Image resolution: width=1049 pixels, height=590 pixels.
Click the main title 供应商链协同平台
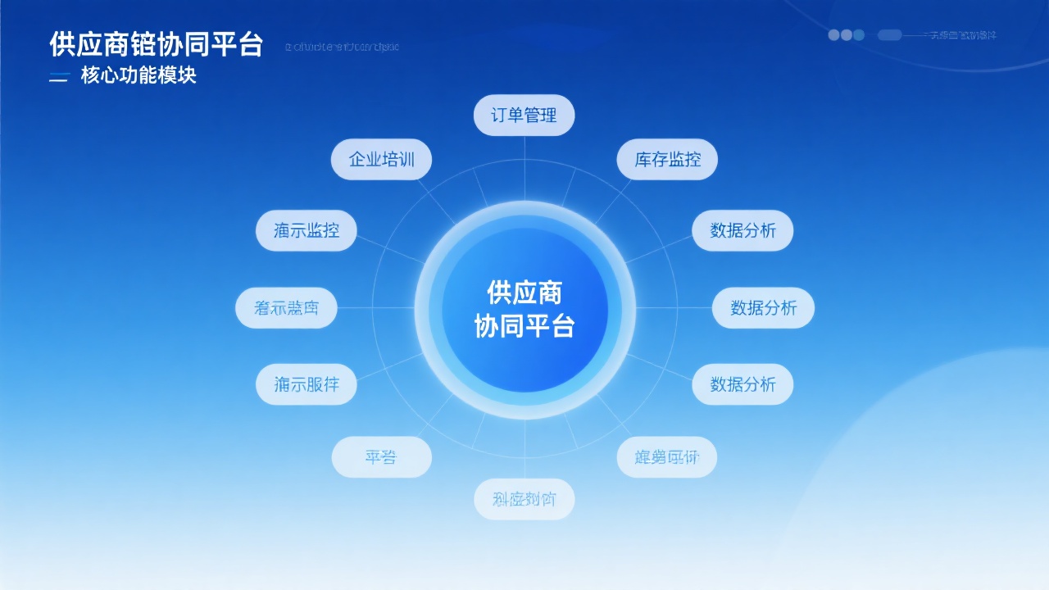pyautogui.click(x=156, y=44)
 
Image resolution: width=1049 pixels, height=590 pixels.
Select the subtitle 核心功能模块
pyautogui.click(x=139, y=76)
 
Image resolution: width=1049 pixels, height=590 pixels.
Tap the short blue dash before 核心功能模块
pyautogui.click(x=58, y=79)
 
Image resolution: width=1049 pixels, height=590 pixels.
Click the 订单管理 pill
pyautogui.click(x=524, y=115)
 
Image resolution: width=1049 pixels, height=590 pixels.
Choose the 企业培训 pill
pyautogui.click(x=381, y=159)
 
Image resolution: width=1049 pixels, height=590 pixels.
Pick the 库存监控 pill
pyautogui.click(x=667, y=159)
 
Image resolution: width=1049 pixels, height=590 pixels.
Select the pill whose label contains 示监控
pyautogui.click(x=306, y=230)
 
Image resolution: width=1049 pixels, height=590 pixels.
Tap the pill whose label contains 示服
pyautogui.click(x=306, y=384)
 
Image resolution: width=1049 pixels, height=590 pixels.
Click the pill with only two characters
pyautogui.click(x=381, y=457)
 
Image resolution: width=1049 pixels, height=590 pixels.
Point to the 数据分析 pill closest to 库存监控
pyautogui.click(x=742, y=230)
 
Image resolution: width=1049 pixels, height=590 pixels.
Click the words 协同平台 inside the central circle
pyautogui.click(x=524, y=326)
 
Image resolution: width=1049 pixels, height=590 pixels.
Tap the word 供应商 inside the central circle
pyautogui.click(x=524, y=292)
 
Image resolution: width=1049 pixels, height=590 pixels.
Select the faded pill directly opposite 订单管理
pyautogui.click(x=524, y=499)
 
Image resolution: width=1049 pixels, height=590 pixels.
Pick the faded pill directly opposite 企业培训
pyautogui.click(x=667, y=457)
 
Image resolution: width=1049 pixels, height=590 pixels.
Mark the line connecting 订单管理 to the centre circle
pyautogui.click(x=524, y=168)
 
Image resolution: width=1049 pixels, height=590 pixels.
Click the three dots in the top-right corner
pyautogui.click(x=846, y=35)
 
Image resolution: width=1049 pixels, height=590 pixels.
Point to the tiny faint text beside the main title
pyautogui.click(x=342, y=47)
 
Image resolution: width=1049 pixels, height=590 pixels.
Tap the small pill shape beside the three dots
pyautogui.click(x=889, y=35)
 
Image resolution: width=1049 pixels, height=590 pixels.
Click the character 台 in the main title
pyautogui.click(x=250, y=44)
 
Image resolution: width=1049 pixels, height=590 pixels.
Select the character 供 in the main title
pyautogui.click(x=62, y=44)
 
